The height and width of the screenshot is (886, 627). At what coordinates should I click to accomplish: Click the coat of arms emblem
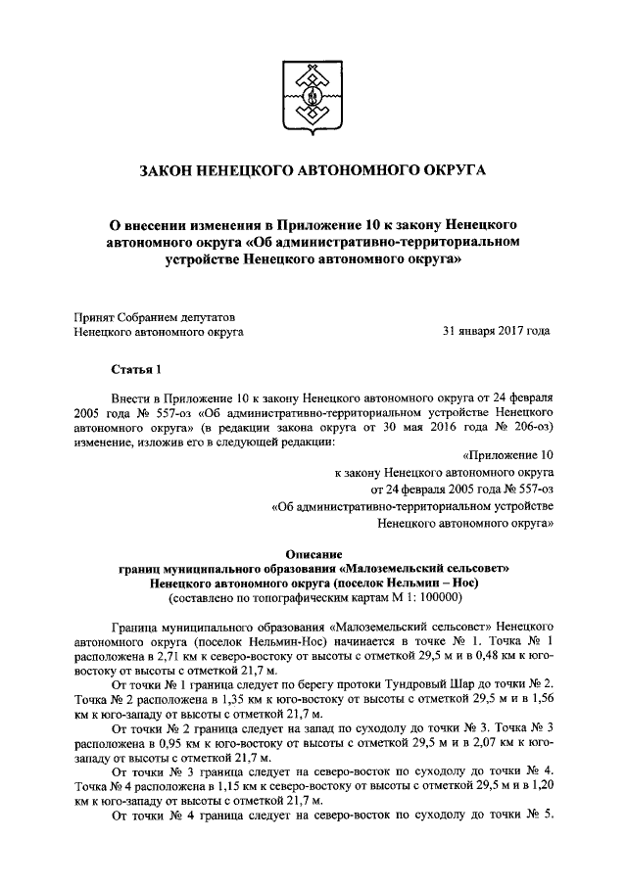click(x=313, y=97)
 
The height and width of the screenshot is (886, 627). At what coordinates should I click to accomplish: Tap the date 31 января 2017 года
click(x=497, y=332)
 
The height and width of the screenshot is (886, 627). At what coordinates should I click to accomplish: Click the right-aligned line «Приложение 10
click(x=506, y=455)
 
